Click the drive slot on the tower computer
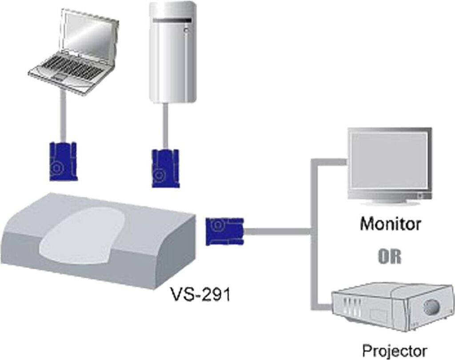[x=173, y=20]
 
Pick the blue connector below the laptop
[x=63, y=162]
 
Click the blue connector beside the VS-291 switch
[x=224, y=232]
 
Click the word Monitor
[x=390, y=224]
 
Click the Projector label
[x=395, y=350]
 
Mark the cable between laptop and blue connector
[x=63, y=116]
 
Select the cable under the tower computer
[x=165, y=126]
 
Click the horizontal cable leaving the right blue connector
[x=277, y=231]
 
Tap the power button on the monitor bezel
[x=420, y=196]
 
